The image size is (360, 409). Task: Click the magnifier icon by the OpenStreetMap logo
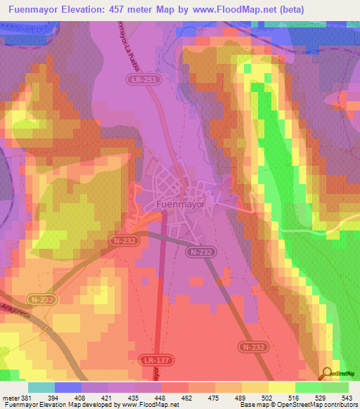click(x=326, y=373)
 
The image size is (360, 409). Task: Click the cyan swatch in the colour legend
click(x=41, y=387)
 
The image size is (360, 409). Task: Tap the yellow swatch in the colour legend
click(x=281, y=387)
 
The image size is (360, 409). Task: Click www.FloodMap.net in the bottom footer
click(x=150, y=405)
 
